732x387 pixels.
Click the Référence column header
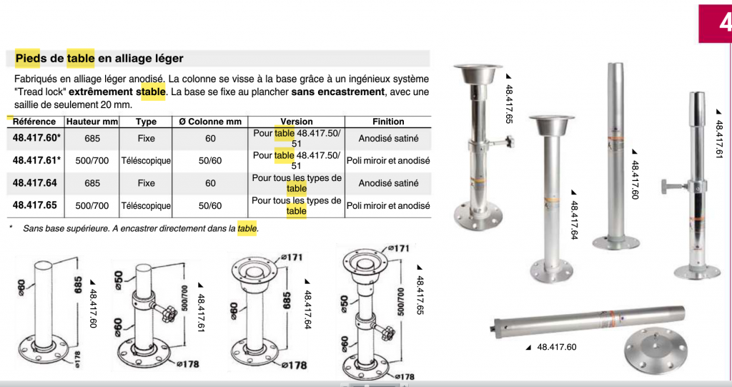(x=34, y=122)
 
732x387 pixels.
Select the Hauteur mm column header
(x=92, y=122)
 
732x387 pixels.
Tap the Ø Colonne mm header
(x=210, y=122)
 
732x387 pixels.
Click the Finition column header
(x=388, y=122)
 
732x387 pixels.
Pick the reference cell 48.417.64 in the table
(x=34, y=182)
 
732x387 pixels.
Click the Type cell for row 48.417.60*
(x=146, y=138)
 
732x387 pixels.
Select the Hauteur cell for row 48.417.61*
(x=92, y=160)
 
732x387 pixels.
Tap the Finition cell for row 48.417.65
(x=388, y=205)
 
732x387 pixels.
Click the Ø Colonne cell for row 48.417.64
(x=211, y=182)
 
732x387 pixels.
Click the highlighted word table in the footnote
(x=247, y=229)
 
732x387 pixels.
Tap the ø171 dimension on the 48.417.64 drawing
(x=292, y=257)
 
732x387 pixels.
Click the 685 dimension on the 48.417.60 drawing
(x=79, y=285)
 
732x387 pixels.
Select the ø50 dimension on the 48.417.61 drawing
(x=118, y=280)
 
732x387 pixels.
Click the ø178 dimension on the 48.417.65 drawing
(x=405, y=377)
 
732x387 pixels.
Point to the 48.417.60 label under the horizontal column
(x=556, y=347)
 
